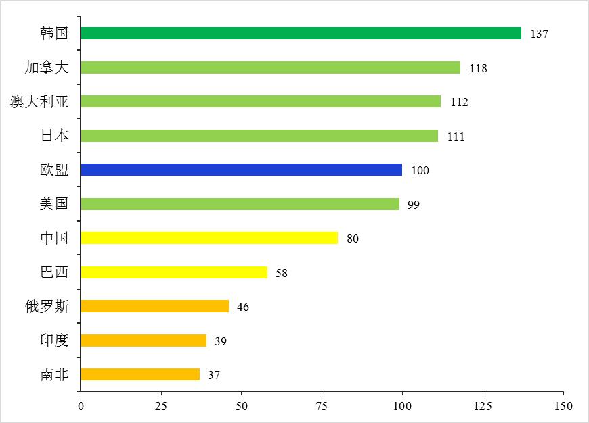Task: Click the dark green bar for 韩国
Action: [301, 33]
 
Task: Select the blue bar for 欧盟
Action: [242, 170]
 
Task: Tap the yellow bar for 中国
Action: [209, 238]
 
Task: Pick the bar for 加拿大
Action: [271, 68]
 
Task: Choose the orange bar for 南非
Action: [140, 374]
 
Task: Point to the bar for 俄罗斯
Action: [155, 306]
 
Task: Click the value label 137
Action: [539, 34]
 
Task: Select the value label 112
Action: [459, 102]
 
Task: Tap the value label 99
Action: [414, 205]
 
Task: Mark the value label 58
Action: [282, 273]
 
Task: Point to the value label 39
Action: [221, 341]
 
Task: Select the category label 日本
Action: [54, 135]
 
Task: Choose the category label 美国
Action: [54, 203]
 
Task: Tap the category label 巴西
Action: [54, 272]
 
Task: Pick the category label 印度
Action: [54, 340]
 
